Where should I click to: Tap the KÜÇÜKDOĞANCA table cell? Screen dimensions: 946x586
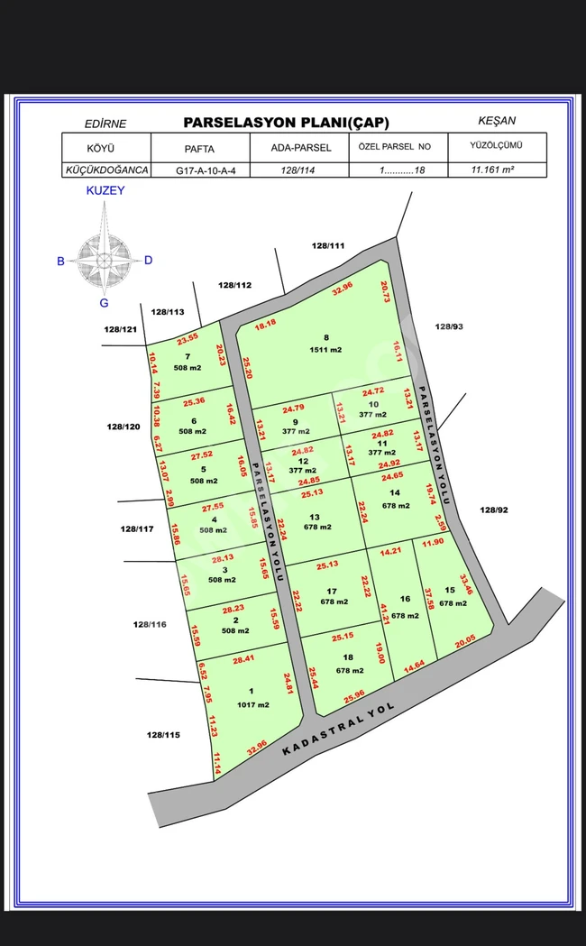point(105,169)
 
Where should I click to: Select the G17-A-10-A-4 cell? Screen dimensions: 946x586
point(199,169)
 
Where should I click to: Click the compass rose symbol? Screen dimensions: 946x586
point(104,260)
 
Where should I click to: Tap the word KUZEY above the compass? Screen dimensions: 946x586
point(105,190)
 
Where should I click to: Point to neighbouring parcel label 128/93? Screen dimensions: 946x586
point(448,326)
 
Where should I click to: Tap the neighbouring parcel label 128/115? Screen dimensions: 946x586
point(163,735)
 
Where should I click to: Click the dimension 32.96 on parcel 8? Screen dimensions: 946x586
point(343,289)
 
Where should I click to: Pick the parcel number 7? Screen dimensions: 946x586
point(188,356)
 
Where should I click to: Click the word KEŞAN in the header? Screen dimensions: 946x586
point(499,120)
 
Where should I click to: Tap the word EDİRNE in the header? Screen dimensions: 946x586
point(105,124)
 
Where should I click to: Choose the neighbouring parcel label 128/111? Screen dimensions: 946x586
point(328,245)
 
